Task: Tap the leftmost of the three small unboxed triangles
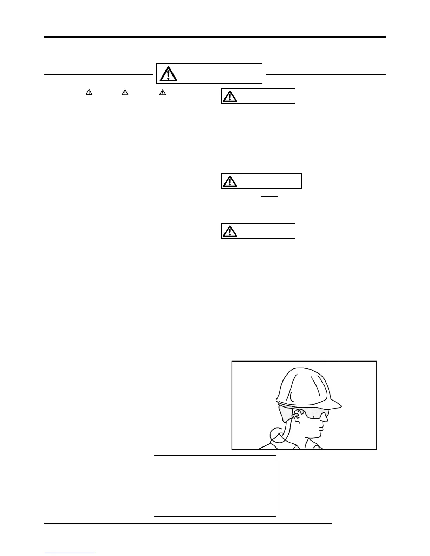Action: click(x=89, y=92)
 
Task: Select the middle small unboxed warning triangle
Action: click(x=125, y=92)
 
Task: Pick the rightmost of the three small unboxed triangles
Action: click(x=163, y=92)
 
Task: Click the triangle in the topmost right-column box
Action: click(x=229, y=96)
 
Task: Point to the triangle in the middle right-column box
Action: click(x=229, y=181)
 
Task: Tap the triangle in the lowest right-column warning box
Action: click(x=229, y=231)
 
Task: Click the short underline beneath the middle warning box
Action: click(x=269, y=197)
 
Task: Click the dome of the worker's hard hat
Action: click(x=302, y=383)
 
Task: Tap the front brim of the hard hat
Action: click(x=334, y=406)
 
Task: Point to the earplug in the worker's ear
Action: click(x=295, y=417)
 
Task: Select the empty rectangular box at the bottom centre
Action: click(x=215, y=486)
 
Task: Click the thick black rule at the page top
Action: click(x=215, y=37)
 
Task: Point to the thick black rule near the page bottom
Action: click(x=188, y=523)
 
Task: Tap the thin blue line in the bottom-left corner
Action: click(x=70, y=553)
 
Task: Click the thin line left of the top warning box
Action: click(x=98, y=74)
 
